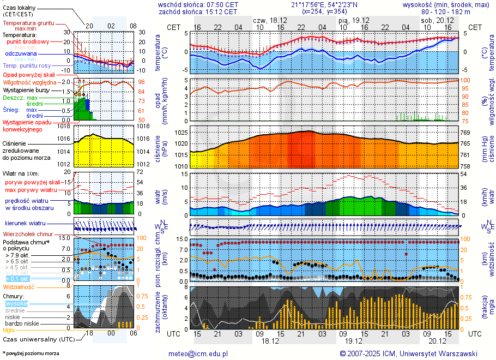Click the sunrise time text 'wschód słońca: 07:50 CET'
point(198,4)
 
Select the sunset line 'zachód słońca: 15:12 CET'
point(198,11)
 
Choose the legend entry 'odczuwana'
point(21,54)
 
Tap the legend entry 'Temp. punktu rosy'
point(27,65)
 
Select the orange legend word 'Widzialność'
point(19,286)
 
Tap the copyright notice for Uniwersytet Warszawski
point(408,353)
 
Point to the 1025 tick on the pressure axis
point(182,133)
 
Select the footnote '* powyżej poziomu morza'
point(31,353)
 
